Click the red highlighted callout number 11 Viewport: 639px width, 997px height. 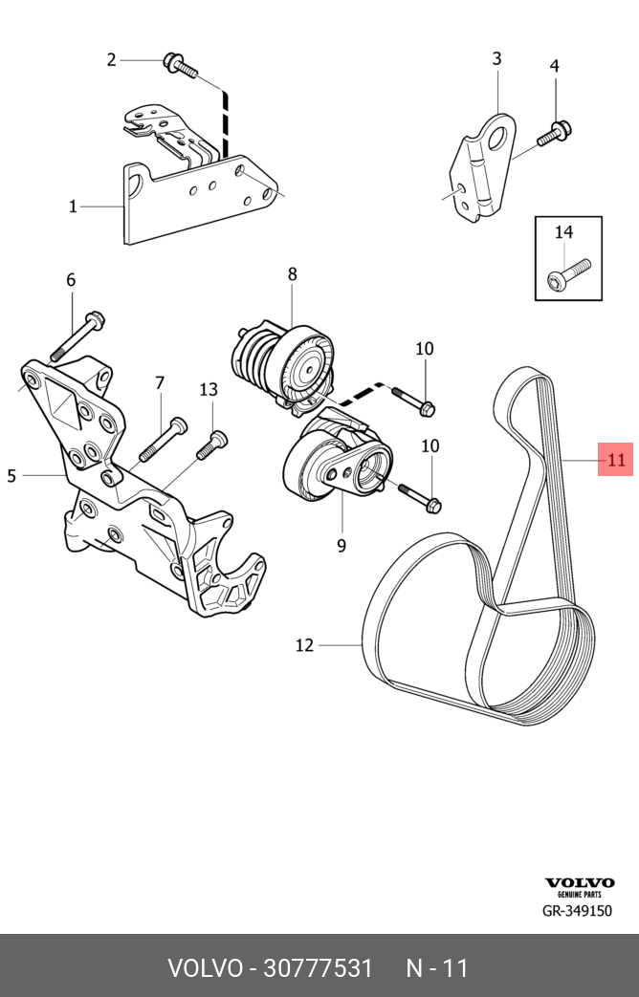[x=615, y=460]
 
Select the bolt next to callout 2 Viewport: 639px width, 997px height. [x=179, y=65]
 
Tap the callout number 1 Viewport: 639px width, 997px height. [x=73, y=206]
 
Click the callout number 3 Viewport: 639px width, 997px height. [x=496, y=59]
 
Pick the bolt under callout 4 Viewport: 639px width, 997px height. [x=552, y=134]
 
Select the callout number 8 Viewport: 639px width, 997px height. [x=292, y=274]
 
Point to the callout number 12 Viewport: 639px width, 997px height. [x=304, y=645]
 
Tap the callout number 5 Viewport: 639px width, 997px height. [x=11, y=475]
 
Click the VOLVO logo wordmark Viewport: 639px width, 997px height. [x=580, y=883]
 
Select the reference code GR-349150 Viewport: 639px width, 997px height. [x=577, y=911]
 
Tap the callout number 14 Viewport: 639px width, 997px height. [x=563, y=232]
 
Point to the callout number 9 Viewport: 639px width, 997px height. [x=341, y=546]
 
